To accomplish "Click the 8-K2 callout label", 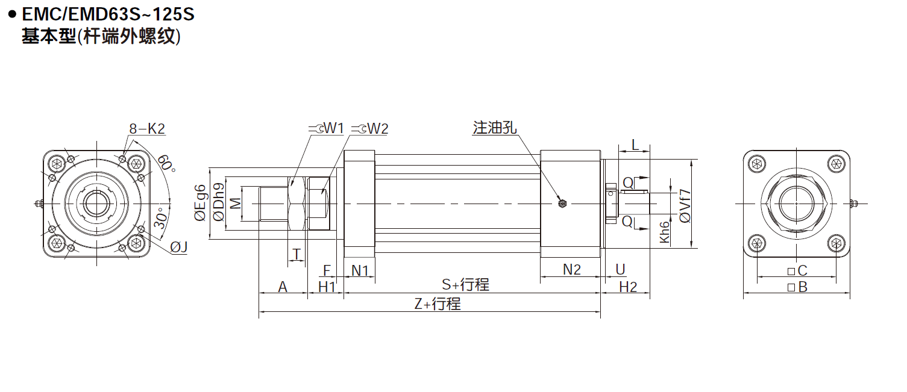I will [147, 128].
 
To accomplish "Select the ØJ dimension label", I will [179, 247].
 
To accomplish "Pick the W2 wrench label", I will [377, 128].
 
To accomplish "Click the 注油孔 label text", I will [495, 128].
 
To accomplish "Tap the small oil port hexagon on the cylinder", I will [562, 204].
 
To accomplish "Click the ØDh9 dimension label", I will [219, 204].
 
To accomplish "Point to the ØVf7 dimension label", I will [685, 205].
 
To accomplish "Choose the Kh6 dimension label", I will [664, 232].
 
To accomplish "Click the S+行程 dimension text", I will [465, 285].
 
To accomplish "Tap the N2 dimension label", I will [571, 270].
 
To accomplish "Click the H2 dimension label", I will [628, 287].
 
